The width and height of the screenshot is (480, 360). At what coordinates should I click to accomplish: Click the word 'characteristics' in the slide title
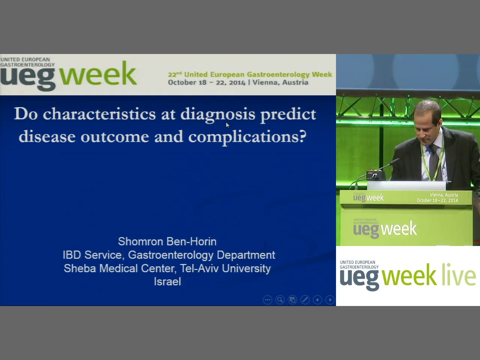pyautogui.click(x=99, y=114)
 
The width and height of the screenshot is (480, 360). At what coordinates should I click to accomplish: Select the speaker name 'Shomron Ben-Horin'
pyautogui.click(x=167, y=241)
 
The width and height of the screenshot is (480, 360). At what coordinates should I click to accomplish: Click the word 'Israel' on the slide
pyautogui.click(x=168, y=281)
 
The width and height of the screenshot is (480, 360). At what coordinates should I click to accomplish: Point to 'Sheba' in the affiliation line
pyautogui.click(x=80, y=268)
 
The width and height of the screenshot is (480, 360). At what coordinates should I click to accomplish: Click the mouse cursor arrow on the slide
pyautogui.click(x=228, y=125)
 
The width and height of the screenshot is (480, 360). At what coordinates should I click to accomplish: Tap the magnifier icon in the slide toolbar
pyautogui.click(x=280, y=300)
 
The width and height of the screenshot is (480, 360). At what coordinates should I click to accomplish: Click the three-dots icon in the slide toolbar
pyautogui.click(x=267, y=300)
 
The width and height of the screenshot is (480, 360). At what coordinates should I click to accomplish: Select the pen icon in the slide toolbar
pyautogui.click(x=305, y=300)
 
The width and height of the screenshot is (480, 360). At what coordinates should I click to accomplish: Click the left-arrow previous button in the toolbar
pyautogui.click(x=317, y=300)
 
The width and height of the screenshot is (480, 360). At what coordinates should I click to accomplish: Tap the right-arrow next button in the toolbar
pyautogui.click(x=330, y=300)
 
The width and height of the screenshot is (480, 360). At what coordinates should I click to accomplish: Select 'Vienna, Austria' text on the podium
pyautogui.click(x=444, y=195)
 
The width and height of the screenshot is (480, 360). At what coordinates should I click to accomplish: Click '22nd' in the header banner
pyautogui.click(x=175, y=74)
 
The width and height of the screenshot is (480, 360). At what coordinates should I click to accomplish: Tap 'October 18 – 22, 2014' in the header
pyautogui.click(x=207, y=82)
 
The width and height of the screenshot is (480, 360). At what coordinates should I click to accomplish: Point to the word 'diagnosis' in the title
pyautogui.click(x=218, y=115)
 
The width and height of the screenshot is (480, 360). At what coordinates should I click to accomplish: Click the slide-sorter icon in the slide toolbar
pyautogui.click(x=292, y=300)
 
